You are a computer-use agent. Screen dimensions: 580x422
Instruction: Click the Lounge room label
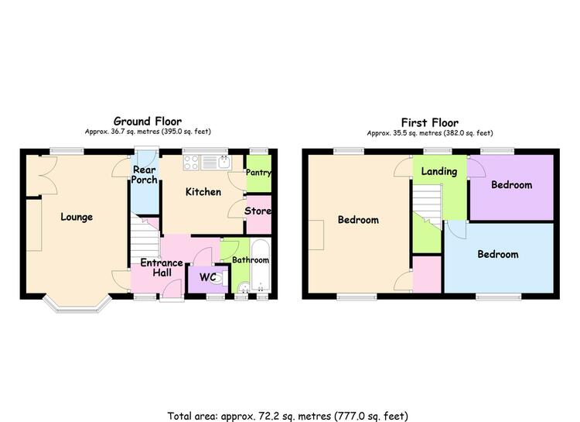coord(77,217)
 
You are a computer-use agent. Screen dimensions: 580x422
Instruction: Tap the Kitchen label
coord(203,191)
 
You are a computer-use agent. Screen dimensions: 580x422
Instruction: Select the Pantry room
coord(258,173)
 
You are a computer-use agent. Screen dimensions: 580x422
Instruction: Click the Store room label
coord(258,211)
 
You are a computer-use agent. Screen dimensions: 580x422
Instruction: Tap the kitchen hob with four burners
coord(192,163)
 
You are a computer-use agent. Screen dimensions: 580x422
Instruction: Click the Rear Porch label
coord(145,174)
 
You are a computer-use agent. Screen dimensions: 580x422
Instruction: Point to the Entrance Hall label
coord(162,267)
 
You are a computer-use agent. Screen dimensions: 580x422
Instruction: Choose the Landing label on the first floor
coord(439,171)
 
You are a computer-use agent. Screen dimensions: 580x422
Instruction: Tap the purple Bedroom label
coord(512,184)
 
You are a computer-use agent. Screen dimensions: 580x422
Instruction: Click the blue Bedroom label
coord(498,254)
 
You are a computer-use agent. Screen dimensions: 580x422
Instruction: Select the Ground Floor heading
coord(148,121)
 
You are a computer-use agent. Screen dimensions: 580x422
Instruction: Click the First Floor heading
coord(430,122)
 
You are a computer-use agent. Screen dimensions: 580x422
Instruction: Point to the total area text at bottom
coord(288,416)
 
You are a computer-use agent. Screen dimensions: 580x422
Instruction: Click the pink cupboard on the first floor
coord(427,275)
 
